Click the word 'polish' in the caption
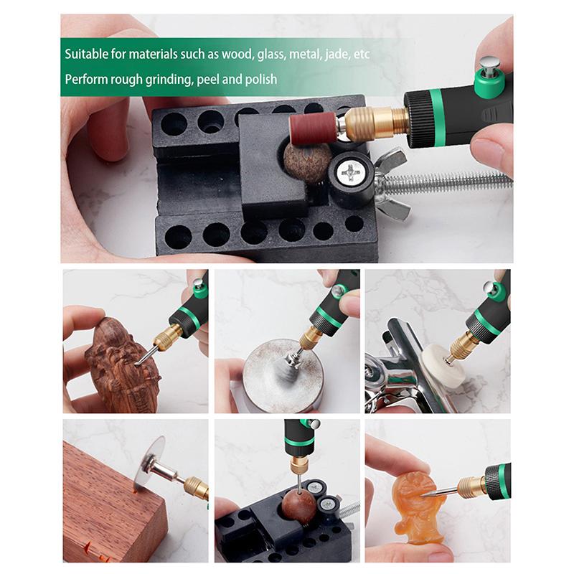(260, 80)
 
